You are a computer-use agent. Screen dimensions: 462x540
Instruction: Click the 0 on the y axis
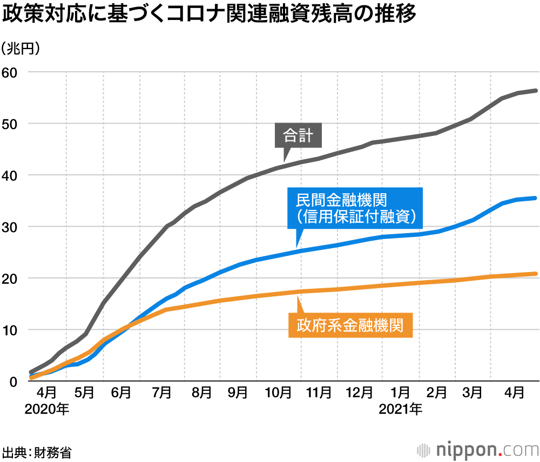[x=15, y=382]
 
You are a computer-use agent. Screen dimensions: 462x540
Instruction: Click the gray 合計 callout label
[x=298, y=135]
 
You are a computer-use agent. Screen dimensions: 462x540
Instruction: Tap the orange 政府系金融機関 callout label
[x=350, y=326]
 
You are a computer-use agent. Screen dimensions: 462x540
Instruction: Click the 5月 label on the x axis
[x=84, y=393]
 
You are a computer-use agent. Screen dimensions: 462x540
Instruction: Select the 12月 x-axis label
[x=359, y=393]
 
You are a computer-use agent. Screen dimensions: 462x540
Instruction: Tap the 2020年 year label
[x=46, y=409]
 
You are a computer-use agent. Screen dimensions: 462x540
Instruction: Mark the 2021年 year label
[x=400, y=409]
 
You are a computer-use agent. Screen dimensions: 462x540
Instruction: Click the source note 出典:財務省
[x=37, y=451]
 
